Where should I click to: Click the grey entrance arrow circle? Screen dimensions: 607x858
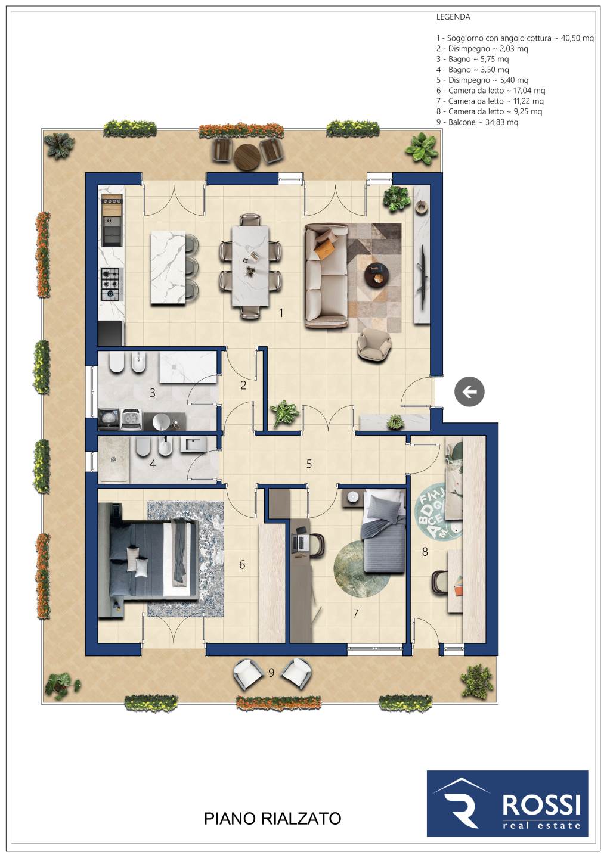tap(469, 392)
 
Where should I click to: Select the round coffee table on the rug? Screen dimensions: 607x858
tap(377, 274)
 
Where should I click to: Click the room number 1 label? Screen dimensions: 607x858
tap(281, 313)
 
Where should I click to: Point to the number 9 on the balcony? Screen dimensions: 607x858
tap(271, 672)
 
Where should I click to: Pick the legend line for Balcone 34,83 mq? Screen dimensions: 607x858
tap(477, 122)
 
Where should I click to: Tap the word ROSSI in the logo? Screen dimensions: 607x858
tap(541, 805)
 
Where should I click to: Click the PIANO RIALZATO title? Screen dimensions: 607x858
tap(272, 819)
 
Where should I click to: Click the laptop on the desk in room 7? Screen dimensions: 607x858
tap(301, 542)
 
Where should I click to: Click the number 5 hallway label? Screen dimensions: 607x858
tap(309, 464)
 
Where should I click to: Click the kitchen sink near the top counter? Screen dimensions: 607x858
tap(112, 231)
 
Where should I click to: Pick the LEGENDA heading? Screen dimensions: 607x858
tap(453, 17)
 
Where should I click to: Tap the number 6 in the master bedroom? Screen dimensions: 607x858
tap(242, 564)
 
